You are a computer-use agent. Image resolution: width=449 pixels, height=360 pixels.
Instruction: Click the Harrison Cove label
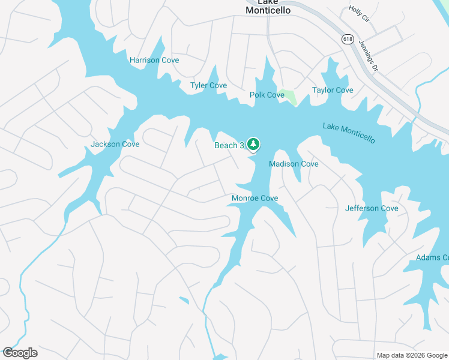(154, 61)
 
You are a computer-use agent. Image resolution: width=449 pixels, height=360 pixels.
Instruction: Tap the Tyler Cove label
(208, 86)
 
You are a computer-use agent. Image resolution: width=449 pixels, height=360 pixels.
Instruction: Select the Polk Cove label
(267, 95)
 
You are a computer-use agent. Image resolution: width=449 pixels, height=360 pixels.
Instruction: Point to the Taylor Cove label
(333, 91)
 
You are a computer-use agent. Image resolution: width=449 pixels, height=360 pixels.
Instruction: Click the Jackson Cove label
(115, 145)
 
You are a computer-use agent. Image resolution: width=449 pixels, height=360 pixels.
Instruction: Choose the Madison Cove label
(294, 164)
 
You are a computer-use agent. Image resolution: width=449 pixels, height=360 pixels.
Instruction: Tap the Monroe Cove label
(255, 199)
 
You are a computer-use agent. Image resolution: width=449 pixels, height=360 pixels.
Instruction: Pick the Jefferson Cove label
(372, 209)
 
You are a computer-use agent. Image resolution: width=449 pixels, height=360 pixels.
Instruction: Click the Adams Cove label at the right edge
(432, 258)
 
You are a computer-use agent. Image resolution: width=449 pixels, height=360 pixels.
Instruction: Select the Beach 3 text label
(228, 146)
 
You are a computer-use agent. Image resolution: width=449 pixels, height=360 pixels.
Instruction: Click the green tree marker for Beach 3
(253, 144)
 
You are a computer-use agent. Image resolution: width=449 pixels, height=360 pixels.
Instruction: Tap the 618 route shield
(348, 38)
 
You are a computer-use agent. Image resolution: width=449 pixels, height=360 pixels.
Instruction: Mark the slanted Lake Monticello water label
(349, 133)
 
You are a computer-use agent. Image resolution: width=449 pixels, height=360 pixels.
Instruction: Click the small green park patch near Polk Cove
(290, 96)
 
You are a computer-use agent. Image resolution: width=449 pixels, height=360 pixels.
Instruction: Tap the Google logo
(20, 353)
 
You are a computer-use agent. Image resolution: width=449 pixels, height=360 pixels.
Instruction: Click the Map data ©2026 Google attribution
(412, 355)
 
